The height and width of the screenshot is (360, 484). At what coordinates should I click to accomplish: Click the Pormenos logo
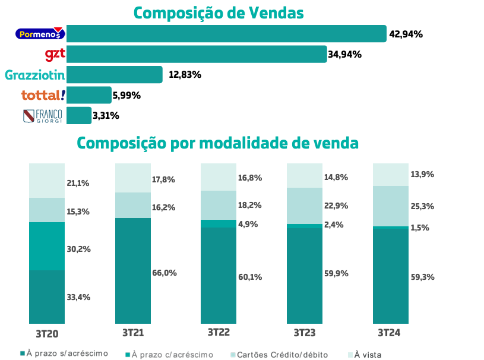[40, 34]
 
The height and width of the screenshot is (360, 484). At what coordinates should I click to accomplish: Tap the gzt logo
[55, 55]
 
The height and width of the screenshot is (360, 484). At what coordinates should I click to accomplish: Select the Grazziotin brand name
[34, 75]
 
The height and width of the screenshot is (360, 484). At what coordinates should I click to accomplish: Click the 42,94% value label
[406, 34]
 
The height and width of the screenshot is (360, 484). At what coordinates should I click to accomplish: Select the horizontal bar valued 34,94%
[197, 55]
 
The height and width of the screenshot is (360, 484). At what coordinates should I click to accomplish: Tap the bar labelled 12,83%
[115, 75]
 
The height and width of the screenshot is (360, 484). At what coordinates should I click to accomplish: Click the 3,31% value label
[106, 116]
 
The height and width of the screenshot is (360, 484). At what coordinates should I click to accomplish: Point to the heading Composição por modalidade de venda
[217, 144]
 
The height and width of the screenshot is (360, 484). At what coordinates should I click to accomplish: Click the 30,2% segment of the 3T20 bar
[47, 246]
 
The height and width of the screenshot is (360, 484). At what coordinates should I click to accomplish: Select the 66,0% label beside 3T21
[165, 273]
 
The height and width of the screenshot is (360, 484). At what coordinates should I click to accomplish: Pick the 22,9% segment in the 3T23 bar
[305, 206]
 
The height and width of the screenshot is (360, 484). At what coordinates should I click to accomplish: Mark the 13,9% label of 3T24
[422, 175]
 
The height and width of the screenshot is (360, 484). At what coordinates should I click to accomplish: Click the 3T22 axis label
[219, 333]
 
